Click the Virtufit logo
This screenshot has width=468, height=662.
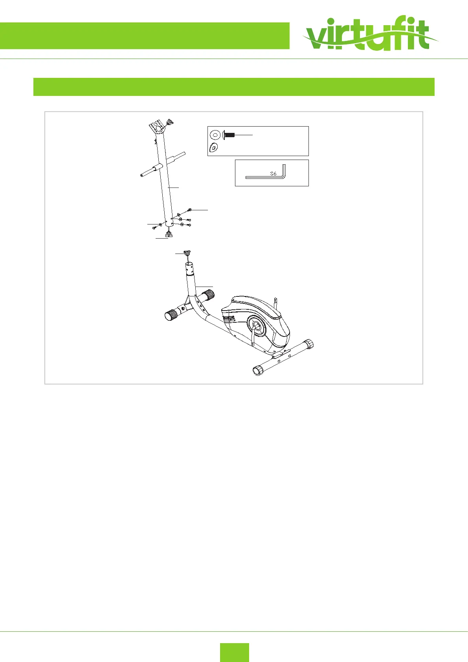point(369,36)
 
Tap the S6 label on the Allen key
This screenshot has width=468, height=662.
point(273,173)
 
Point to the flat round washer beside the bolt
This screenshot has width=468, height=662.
point(215,135)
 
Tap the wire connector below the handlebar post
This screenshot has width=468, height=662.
point(169,235)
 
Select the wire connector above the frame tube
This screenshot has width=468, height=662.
point(187,254)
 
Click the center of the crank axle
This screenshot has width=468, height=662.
point(256,324)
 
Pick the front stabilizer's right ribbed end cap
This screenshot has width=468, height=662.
point(208,294)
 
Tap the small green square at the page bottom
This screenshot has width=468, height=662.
point(234,652)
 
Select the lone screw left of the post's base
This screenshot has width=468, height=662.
point(154,227)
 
